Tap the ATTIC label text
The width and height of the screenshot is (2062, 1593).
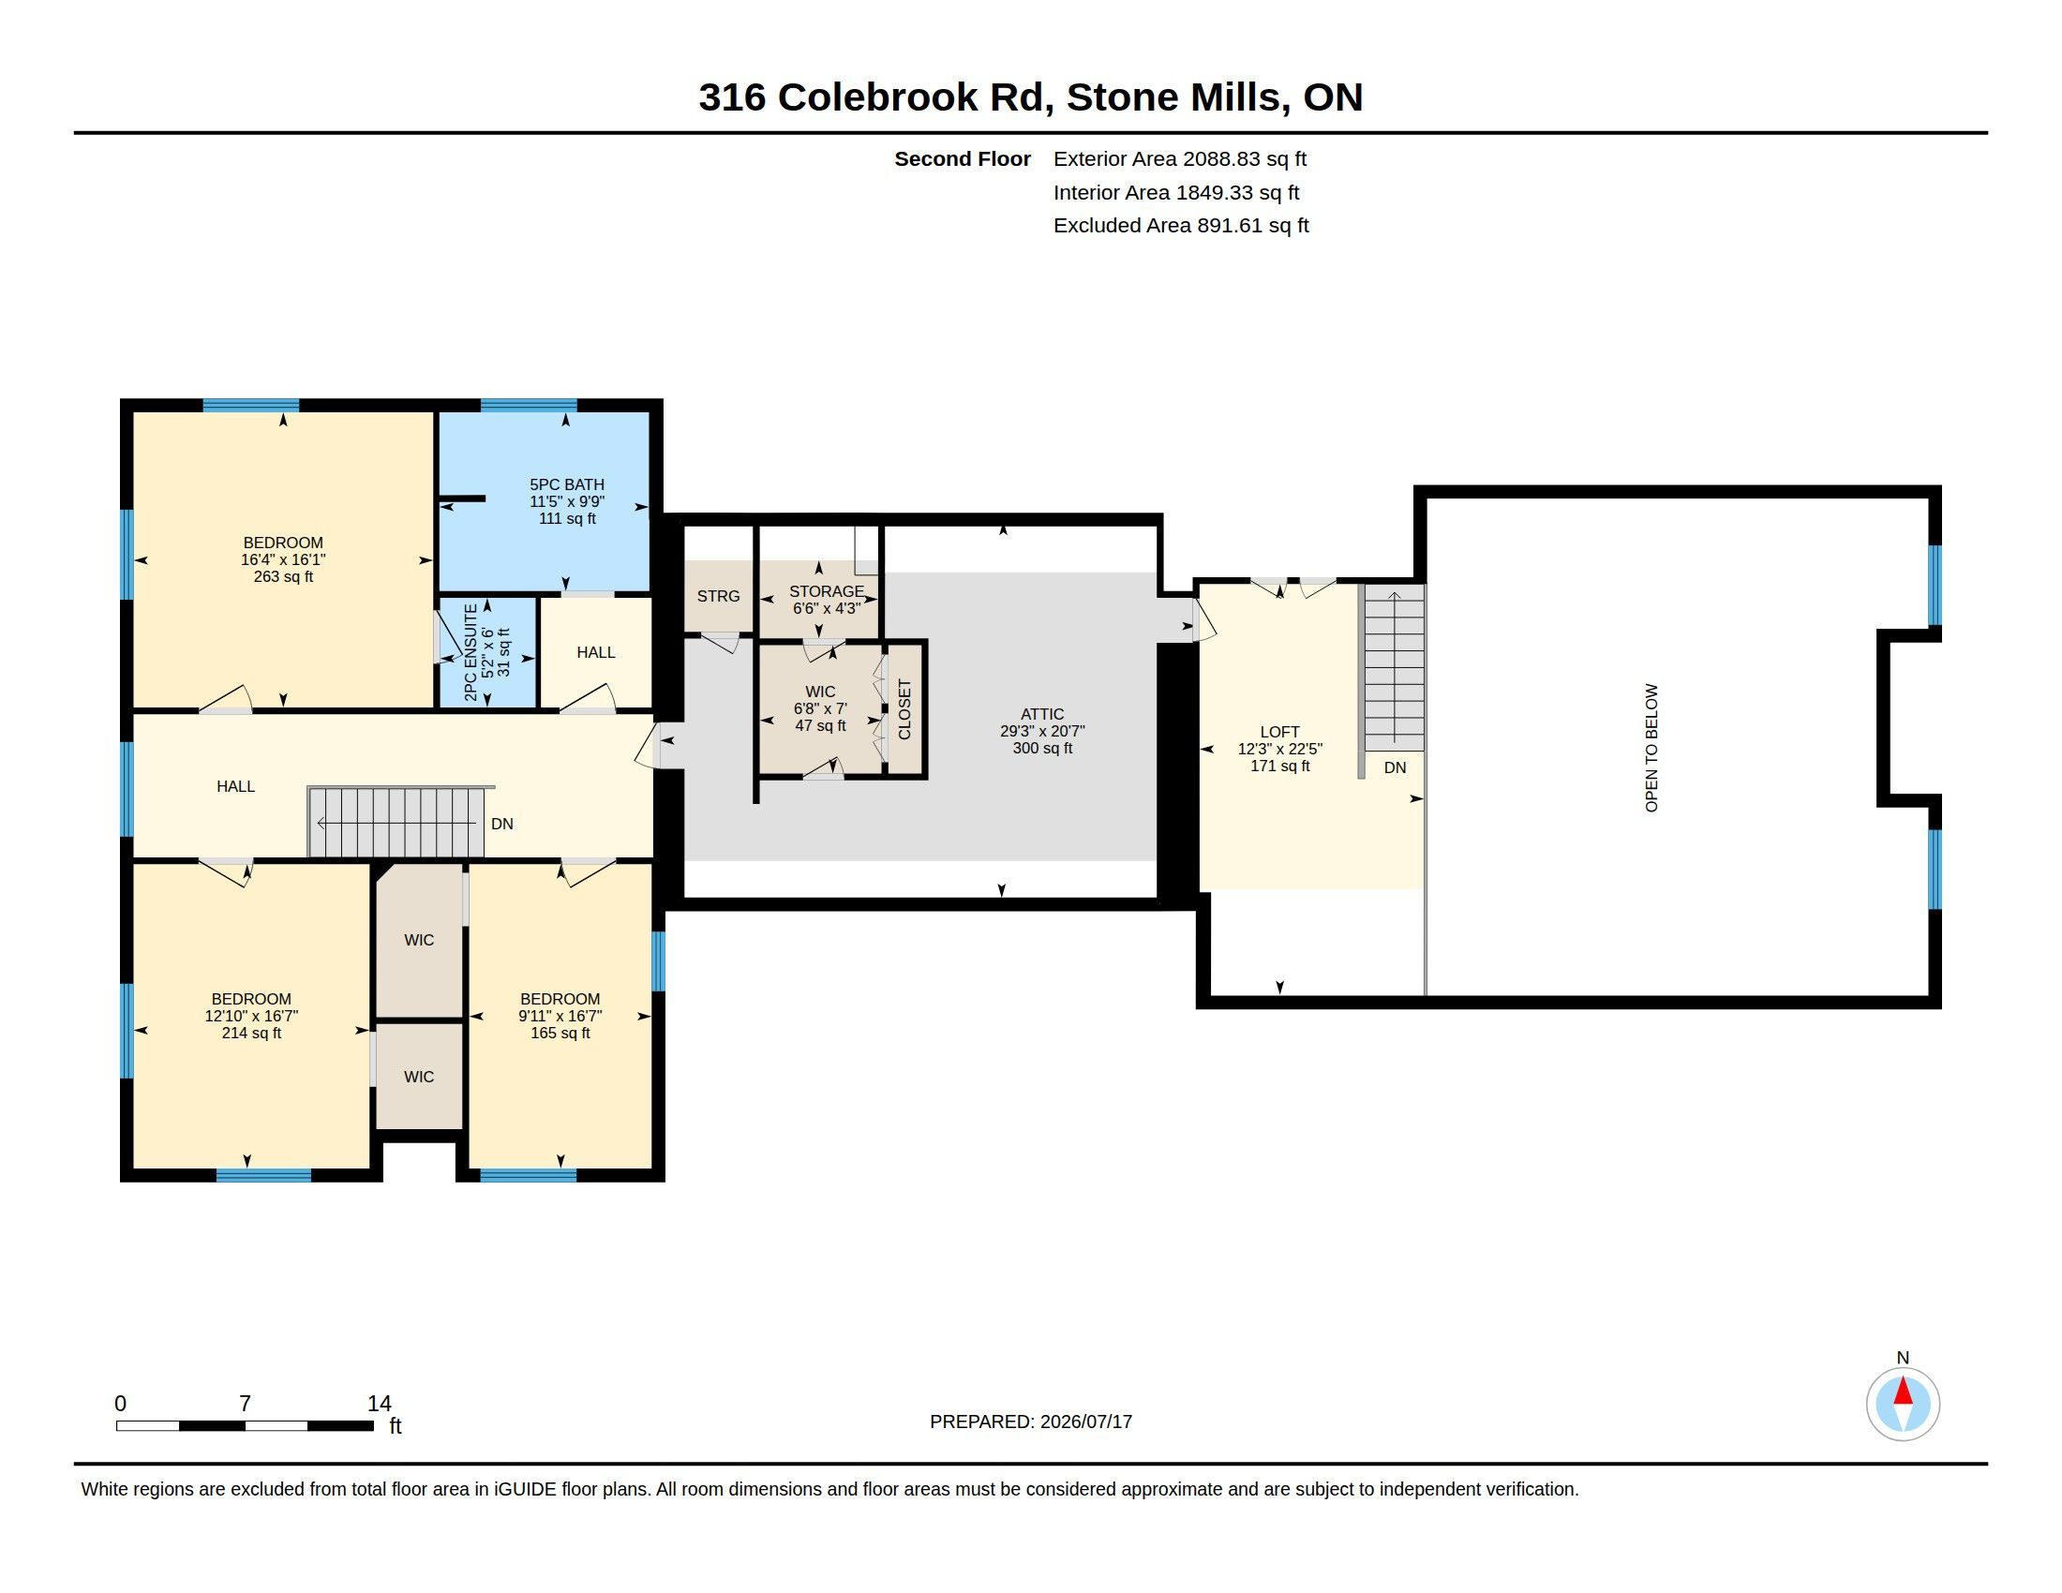(1042, 714)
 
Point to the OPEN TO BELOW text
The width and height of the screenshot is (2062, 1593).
(1651, 748)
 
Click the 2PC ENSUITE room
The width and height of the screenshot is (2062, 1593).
(487, 652)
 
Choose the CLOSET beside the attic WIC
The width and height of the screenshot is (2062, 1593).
(904, 709)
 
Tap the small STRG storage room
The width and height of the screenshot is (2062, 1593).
(719, 596)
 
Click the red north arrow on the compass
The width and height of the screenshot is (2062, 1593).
(1903, 1391)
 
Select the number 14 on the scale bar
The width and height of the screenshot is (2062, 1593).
(380, 1404)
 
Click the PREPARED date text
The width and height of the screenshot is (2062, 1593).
(1031, 1422)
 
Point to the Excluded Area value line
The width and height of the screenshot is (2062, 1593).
(1181, 226)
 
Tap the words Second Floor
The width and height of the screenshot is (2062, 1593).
(962, 158)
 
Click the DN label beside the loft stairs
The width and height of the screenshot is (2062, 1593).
(1395, 767)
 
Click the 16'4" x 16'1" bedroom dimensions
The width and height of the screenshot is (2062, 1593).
(283, 559)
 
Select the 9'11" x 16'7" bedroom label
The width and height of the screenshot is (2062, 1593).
(560, 1016)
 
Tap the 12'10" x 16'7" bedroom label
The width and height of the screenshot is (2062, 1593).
(251, 1016)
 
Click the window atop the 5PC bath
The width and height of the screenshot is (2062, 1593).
(529, 406)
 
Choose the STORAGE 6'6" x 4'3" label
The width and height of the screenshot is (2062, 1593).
(826, 600)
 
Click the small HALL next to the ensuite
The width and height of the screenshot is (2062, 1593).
(596, 652)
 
